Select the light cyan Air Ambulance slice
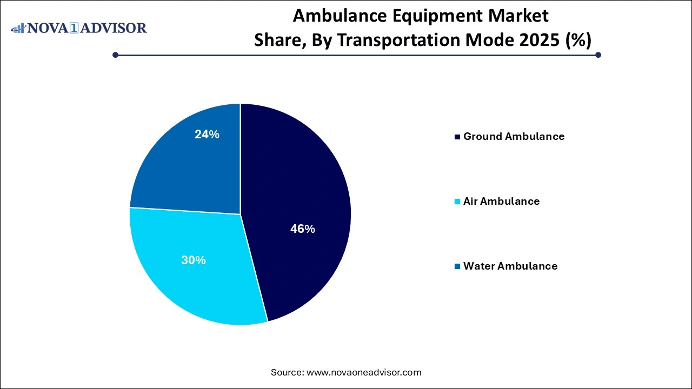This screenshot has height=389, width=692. point(189,270)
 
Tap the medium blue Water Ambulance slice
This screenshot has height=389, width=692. point(189,157)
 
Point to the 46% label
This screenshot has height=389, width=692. point(302,229)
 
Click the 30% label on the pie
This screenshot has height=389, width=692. point(193,260)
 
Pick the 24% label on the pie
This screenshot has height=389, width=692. point(207,135)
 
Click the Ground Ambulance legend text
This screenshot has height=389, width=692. point(514,137)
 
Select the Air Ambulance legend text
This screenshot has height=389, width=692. point(501,202)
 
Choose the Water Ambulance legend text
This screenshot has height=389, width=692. point(510,266)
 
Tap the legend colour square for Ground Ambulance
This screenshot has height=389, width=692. point(458,137)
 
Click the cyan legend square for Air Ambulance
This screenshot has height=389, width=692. point(458,202)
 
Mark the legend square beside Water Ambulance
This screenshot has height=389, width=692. point(458,266)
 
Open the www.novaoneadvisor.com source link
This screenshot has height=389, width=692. point(364,372)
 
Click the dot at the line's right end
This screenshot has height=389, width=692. point(598,55)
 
